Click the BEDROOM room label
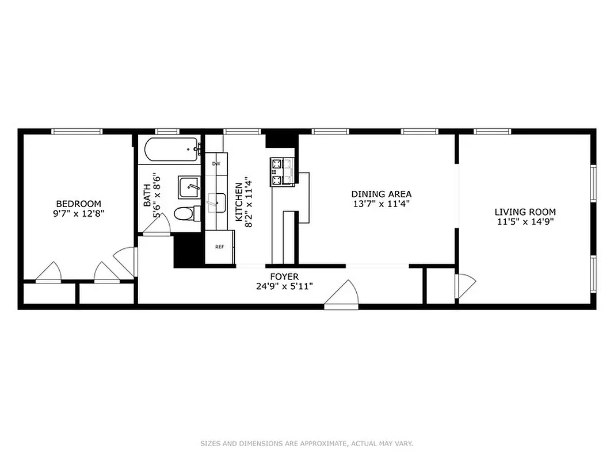(x=78, y=204)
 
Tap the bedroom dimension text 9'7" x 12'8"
(x=78, y=213)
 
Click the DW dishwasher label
(x=216, y=164)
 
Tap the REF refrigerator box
(x=219, y=247)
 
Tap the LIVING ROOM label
(x=525, y=212)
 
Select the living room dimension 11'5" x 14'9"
(x=525, y=222)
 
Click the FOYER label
(x=284, y=277)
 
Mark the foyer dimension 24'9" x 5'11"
(x=284, y=286)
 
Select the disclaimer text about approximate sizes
(x=307, y=443)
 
